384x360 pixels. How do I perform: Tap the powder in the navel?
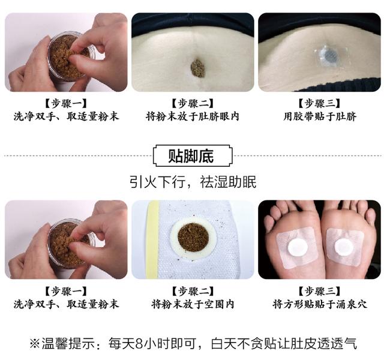(198, 68)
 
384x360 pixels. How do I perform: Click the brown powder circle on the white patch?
(193, 238)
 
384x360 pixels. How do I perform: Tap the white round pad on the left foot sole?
(297, 248)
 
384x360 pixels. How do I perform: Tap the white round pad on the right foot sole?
(344, 247)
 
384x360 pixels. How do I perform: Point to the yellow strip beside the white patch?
(152, 239)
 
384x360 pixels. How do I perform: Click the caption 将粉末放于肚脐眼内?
(193, 116)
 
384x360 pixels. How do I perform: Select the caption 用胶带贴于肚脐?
(320, 116)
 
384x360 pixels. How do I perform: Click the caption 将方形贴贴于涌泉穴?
(320, 304)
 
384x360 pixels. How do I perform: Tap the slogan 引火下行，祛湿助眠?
(193, 182)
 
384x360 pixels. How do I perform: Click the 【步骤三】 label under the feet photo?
(320, 292)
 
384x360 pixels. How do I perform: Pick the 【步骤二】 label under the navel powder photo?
(193, 104)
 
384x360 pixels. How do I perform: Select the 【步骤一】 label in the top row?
(66, 104)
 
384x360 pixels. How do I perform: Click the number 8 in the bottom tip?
(139, 343)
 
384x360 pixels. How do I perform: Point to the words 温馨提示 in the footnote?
(68, 343)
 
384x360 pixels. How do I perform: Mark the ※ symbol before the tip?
(35, 344)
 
